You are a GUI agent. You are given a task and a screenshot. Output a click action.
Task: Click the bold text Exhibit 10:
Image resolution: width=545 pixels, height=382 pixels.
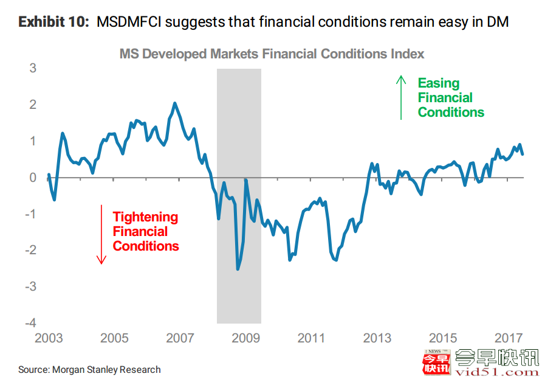(x=54, y=23)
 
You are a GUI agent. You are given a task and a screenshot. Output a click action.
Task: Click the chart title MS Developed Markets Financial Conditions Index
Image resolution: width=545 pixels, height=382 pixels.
(x=272, y=54)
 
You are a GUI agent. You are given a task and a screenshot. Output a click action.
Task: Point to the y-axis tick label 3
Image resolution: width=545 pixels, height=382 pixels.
(x=33, y=68)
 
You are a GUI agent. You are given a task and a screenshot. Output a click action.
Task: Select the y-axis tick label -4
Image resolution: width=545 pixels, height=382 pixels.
(x=30, y=323)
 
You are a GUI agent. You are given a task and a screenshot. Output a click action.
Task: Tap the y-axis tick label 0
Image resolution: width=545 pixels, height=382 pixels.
(x=33, y=178)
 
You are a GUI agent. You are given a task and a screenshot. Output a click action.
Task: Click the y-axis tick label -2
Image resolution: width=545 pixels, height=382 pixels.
(x=30, y=250)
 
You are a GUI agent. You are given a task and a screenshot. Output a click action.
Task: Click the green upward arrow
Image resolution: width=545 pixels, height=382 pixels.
(x=400, y=97)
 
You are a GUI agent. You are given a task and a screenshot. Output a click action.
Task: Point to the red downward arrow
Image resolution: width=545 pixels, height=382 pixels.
(x=102, y=234)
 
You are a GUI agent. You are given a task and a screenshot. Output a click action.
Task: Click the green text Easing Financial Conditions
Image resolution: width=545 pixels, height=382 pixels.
(x=450, y=98)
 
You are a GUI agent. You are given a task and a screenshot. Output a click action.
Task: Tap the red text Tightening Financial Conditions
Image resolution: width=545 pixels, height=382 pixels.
(x=146, y=232)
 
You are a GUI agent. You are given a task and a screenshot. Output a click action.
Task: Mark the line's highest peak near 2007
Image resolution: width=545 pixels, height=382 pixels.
(x=175, y=103)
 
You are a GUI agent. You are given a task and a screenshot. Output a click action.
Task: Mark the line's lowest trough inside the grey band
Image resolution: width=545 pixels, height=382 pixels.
(x=238, y=269)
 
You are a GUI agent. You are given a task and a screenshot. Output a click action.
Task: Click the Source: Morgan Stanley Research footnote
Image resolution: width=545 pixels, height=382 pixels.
(x=89, y=369)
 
